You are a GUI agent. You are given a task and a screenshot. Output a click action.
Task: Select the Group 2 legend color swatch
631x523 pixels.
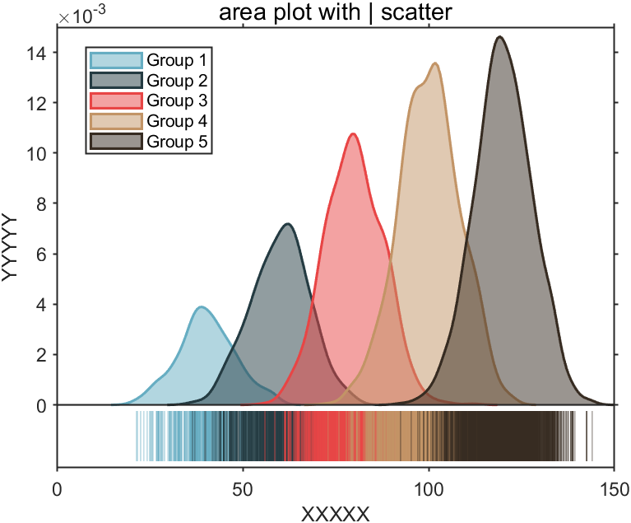point(115,81)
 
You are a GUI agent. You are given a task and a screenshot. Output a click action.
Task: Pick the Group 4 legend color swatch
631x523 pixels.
point(115,121)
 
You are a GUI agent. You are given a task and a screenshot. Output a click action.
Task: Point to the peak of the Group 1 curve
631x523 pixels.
point(201,307)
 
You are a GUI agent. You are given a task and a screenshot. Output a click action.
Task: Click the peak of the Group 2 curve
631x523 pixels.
point(287,224)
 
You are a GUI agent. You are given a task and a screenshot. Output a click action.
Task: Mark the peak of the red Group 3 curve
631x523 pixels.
point(353,133)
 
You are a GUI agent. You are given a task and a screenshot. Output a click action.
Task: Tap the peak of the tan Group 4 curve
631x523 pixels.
point(435,63)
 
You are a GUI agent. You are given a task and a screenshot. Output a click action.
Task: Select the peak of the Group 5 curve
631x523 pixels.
point(499,36)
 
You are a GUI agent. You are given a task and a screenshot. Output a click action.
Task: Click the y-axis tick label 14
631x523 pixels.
point(38,53)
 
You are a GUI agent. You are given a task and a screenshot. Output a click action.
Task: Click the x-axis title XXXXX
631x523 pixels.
point(335,513)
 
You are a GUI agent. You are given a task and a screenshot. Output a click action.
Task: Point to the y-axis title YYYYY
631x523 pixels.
point(11,247)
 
